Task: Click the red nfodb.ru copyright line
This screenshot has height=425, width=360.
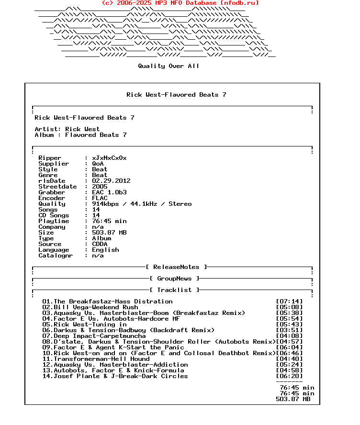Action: click(x=180, y=3)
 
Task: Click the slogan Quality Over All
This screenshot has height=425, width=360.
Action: click(x=169, y=66)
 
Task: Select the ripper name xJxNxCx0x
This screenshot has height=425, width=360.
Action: click(x=109, y=158)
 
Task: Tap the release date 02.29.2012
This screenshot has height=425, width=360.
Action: click(x=111, y=181)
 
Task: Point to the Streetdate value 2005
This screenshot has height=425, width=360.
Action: click(x=100, y=187)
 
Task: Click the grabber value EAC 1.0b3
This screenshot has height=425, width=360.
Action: click(x=109, y=192)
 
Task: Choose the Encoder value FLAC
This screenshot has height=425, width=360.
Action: click(x=100, y=198)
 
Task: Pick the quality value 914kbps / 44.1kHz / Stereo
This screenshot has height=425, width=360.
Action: click(x=142, y=204)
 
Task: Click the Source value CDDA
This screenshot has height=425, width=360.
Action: click(x=100, y=244)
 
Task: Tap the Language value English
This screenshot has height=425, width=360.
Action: click(x=105, y=250)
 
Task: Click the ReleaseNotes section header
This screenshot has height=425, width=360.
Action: click(x=176, y=267)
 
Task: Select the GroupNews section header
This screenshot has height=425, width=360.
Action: click(x=174, y=279)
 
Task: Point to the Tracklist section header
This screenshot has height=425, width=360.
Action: click(x=174, y=290)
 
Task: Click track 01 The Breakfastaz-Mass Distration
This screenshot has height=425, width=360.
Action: click(x=107, y=302)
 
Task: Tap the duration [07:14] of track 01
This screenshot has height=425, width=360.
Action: click(x=289, y=302)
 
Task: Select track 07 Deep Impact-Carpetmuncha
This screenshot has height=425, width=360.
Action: click(x=94, y=336)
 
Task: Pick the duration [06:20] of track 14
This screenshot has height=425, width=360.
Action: click(x=289, y=376)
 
